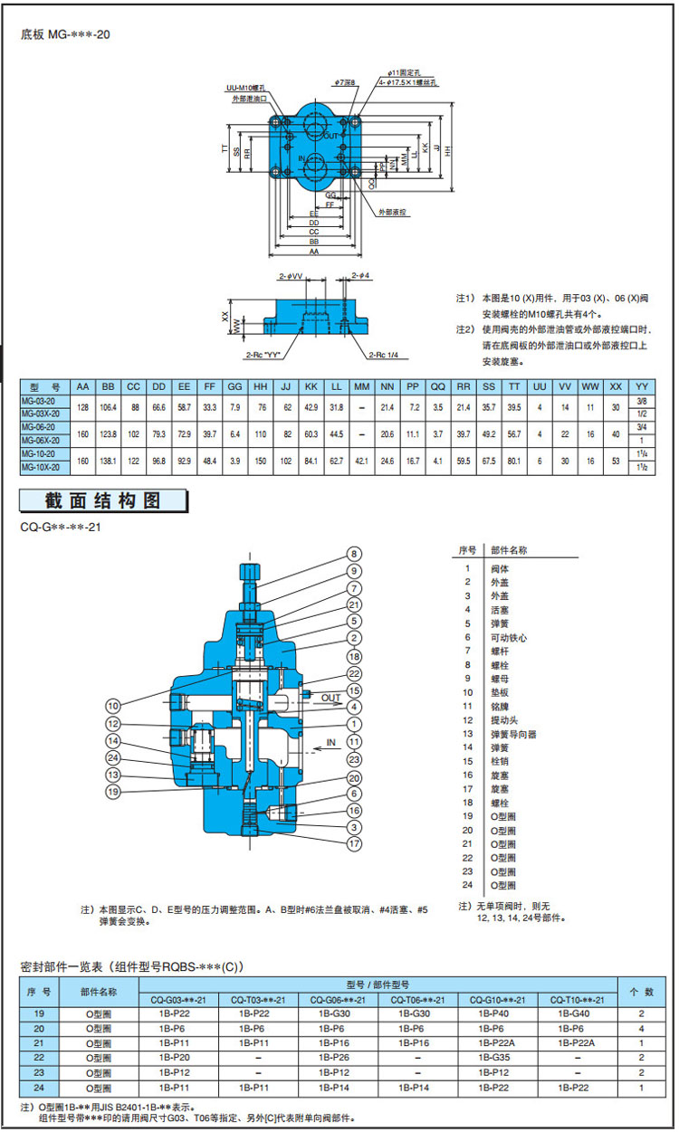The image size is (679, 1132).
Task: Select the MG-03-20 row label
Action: [38, 400]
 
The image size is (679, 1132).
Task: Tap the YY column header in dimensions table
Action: [642, 385]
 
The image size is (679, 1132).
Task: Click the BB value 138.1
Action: [108, 461]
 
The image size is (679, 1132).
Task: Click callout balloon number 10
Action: [113, 705]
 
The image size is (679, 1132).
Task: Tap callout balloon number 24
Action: [113, 757]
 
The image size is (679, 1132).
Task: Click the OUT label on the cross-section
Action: [331, 698]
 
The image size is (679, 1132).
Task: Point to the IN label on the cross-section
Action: [330, 742]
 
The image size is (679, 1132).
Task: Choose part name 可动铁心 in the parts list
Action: [509, 637]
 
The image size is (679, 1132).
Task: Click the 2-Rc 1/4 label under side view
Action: [383, 356]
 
